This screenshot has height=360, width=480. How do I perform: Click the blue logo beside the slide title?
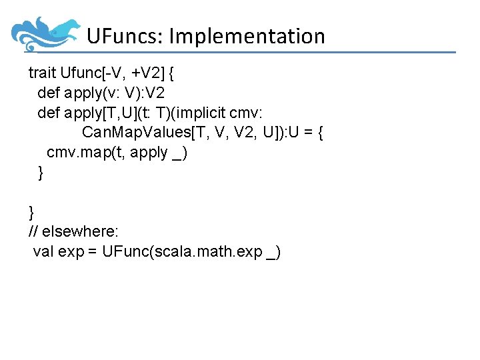pos(45,33)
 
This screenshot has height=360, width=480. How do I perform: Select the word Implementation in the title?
pos(247,36)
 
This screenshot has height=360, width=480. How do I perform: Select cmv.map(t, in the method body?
pos(86,152)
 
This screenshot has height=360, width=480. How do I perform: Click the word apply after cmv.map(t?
pos(149,152)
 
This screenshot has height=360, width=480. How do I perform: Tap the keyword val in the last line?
pos(43,252)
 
